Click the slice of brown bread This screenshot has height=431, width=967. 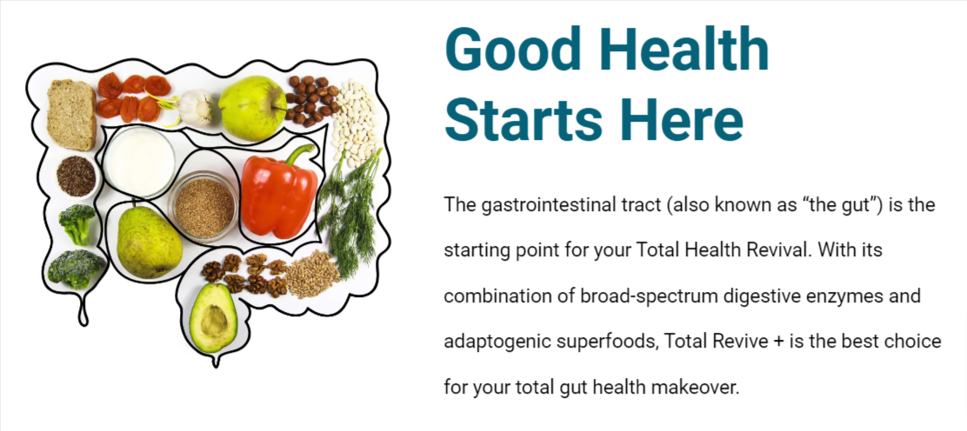pos(71,115)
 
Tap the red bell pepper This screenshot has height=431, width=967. pos(279,192)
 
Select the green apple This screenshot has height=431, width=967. pos(252,108)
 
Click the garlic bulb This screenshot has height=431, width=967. pos(196,108)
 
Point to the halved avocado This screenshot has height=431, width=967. pos(213,317)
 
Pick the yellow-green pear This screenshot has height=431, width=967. pos(149,241)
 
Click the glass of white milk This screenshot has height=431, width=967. pos(139,162)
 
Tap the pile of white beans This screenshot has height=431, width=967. pos(355,123)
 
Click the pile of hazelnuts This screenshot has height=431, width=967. pos(312,100)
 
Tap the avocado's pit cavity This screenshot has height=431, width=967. pos(214,320)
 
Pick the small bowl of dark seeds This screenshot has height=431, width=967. pos(77,176)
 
